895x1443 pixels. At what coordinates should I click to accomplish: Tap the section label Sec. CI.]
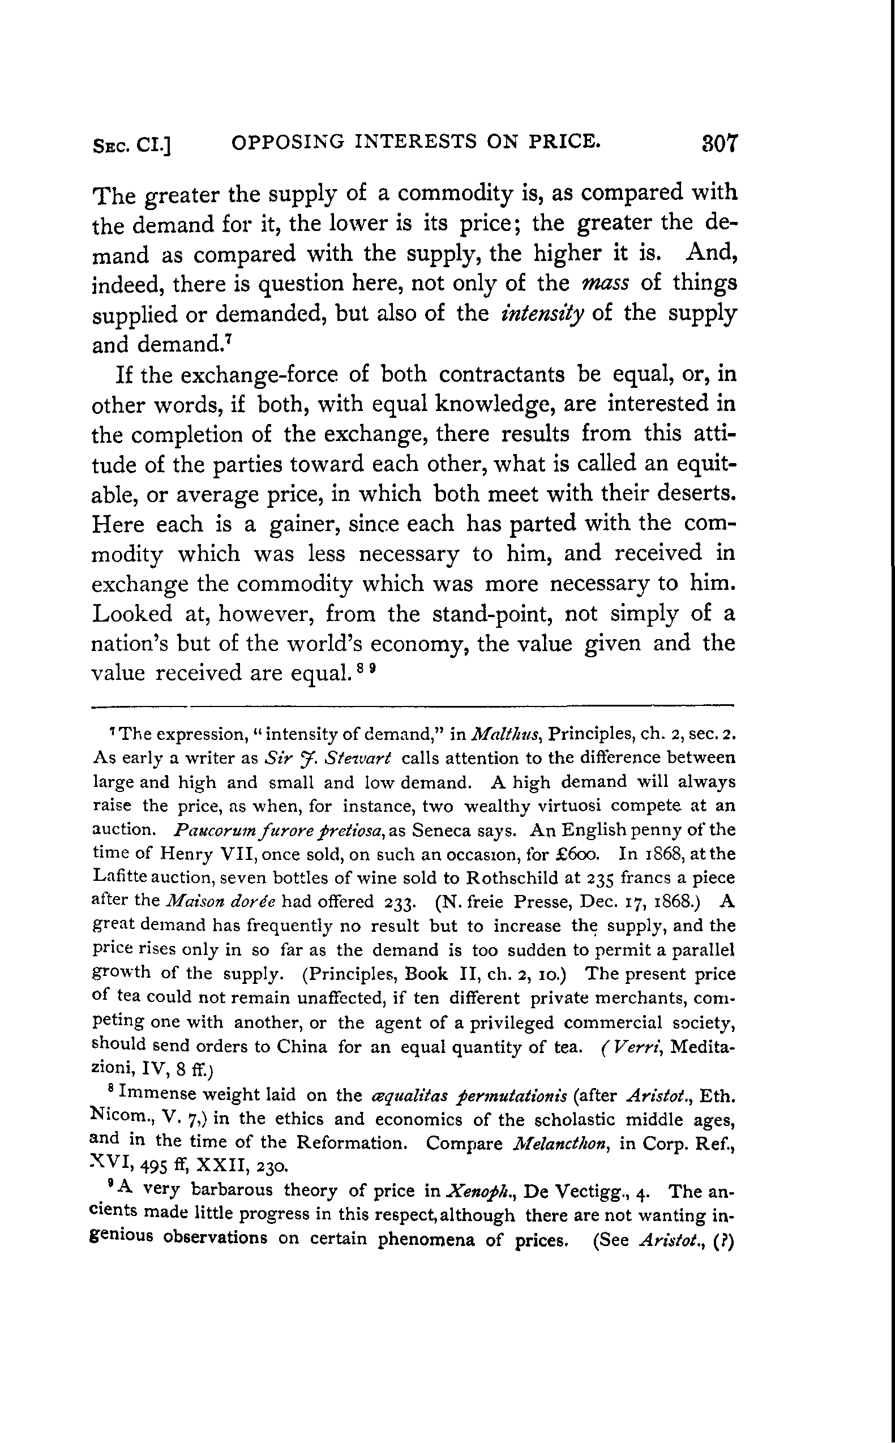[132, 145]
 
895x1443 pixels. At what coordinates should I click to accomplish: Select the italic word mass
[606, 283]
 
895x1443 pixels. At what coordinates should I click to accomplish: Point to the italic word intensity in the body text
[542, 313]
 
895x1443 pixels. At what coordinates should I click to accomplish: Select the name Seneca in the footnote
[437, 830]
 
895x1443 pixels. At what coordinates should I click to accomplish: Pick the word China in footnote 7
[302, 1047]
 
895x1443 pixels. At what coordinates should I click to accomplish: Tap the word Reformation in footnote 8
[351, 1143]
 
